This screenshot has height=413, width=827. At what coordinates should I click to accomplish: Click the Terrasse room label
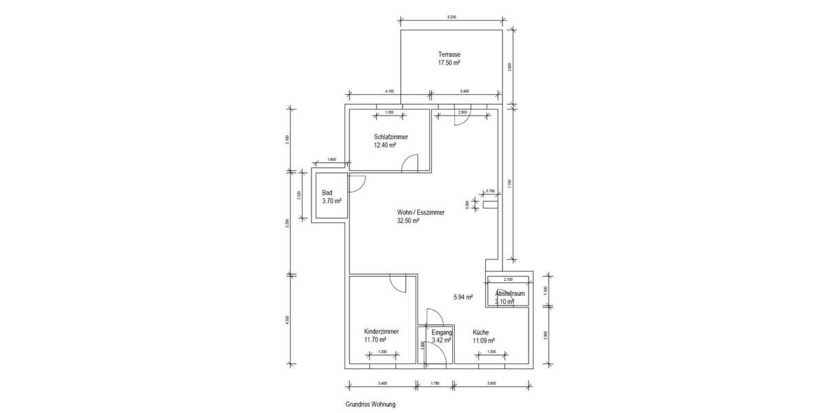[449, 54]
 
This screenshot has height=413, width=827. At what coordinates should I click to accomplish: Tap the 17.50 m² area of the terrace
[449, 63]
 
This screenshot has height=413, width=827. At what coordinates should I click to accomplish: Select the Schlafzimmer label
[391, 137]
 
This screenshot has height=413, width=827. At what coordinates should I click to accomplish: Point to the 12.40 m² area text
[385, 145]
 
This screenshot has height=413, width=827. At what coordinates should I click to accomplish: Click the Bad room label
[327, 193]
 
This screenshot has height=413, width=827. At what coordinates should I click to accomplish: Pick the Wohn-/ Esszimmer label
[421, 213]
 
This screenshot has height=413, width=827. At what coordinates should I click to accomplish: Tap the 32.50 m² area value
[408, 221]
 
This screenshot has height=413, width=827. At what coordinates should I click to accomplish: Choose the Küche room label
[481, 332]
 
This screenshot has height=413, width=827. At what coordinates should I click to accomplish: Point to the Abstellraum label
[510, 293]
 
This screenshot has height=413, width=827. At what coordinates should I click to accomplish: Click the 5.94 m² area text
[463, 297]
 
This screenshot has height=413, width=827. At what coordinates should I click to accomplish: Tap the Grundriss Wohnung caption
[371, 405]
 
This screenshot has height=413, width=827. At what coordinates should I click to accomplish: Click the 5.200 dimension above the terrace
[451, 16]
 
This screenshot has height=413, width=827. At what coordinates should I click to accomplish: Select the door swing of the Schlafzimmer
[411, 163]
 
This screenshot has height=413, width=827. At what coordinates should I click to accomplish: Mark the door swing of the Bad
[357, 183]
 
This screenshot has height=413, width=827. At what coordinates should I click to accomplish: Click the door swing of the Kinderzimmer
[398, 283]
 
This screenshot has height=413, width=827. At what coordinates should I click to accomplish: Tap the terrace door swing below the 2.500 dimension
[462, 118]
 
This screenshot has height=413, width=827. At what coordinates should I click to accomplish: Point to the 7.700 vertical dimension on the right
[510, 183]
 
